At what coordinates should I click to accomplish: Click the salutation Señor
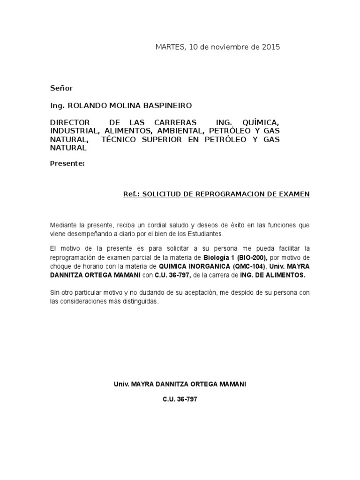pyautogui.click(x=61, y=88)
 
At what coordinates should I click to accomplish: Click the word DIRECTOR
pyautogui.click(x=69, y=122)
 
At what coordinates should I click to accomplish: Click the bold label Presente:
pyautogui.click(x=67, y=164)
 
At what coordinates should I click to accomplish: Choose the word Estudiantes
pyautogui.click(x=206, y=233)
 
